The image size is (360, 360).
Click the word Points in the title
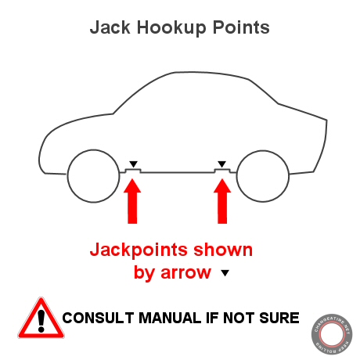[x=241, y=27]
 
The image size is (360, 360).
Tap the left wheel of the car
[x=92, y=176]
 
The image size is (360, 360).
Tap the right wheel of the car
[x=261, y=176]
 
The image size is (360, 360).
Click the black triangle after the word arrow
[x=225, y=274]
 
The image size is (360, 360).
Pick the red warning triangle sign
[x=37, y=319]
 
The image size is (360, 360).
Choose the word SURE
[x=279, y=319]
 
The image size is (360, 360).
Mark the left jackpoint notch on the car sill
[x=133, y=169]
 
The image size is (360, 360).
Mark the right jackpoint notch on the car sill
[x=223, y=169]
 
